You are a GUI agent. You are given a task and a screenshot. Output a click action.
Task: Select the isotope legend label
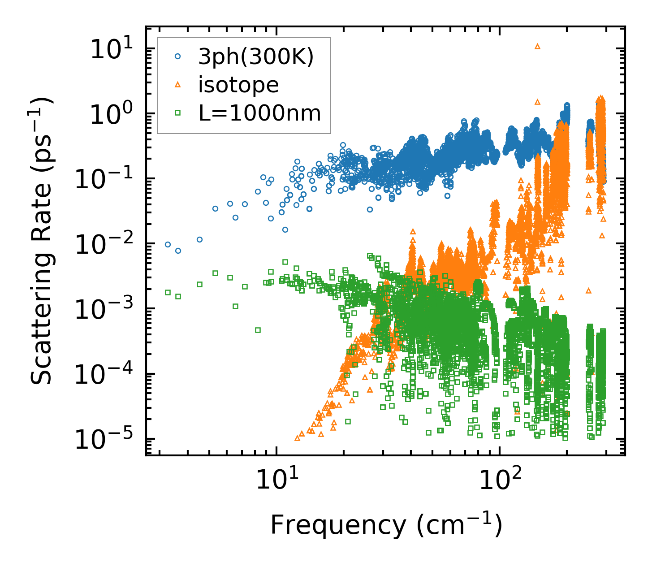[238, 85]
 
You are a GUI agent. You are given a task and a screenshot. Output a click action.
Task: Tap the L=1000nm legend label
[260, 113]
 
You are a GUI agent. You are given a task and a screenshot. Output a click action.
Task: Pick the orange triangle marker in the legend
[178, 85]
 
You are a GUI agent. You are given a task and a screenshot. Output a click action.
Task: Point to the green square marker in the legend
[178, 113]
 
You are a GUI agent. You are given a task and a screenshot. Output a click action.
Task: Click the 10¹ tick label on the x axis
[276, 482]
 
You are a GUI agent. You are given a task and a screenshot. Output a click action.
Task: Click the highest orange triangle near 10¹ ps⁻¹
[538, 46]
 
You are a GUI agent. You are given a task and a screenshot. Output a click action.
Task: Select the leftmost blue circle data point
[168, 244]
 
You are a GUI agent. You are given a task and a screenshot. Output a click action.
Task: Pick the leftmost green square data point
[168, 292]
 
